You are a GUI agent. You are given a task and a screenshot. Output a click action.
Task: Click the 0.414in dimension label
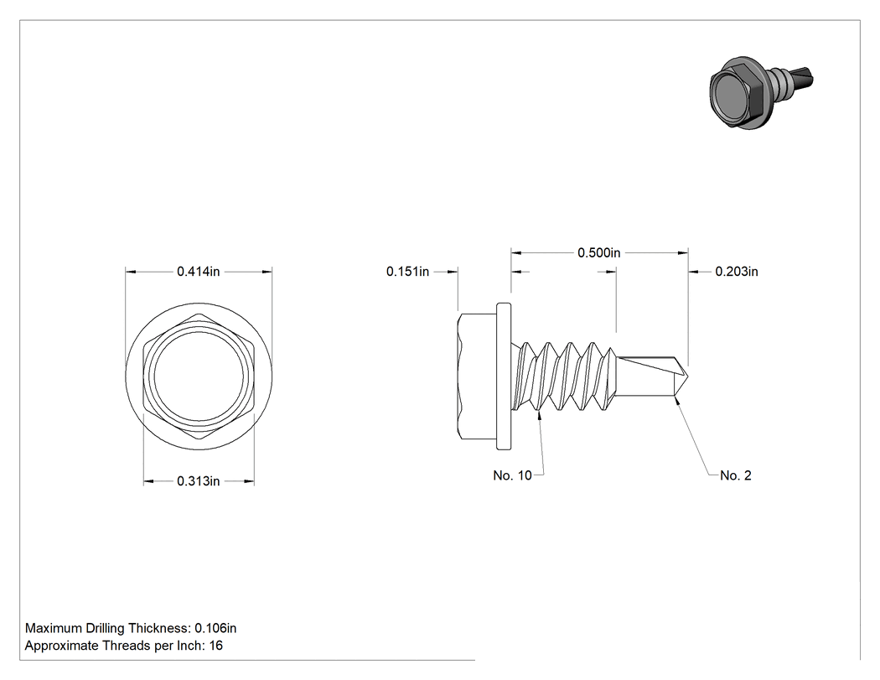point(198,271)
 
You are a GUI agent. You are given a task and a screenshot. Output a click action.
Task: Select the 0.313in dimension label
point(198,481)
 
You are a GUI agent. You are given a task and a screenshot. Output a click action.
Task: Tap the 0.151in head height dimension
point(407,271)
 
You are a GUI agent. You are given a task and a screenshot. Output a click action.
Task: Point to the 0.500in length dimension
point(599,252)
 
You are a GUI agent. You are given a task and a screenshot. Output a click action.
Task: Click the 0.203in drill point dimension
point(737,271)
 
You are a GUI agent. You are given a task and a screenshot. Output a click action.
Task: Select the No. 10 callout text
point(512,475)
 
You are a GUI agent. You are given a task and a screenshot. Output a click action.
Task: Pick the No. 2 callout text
point(735,475)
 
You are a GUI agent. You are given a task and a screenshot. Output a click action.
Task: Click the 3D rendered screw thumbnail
point(760,92)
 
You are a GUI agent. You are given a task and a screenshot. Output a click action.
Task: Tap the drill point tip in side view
point(687,376)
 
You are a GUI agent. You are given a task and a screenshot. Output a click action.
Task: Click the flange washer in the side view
point(504,376)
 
